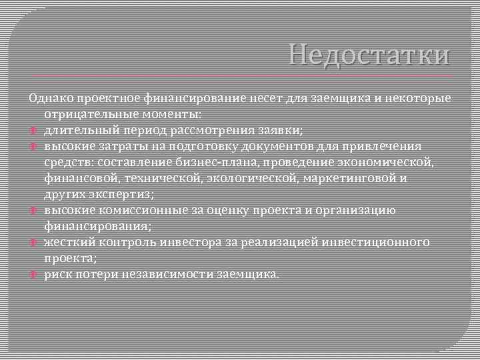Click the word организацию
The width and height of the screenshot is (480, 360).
(356, 210)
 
